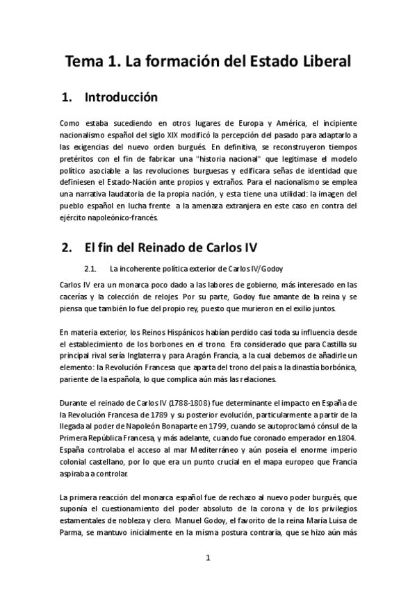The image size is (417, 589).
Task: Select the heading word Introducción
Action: click(121, 97)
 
